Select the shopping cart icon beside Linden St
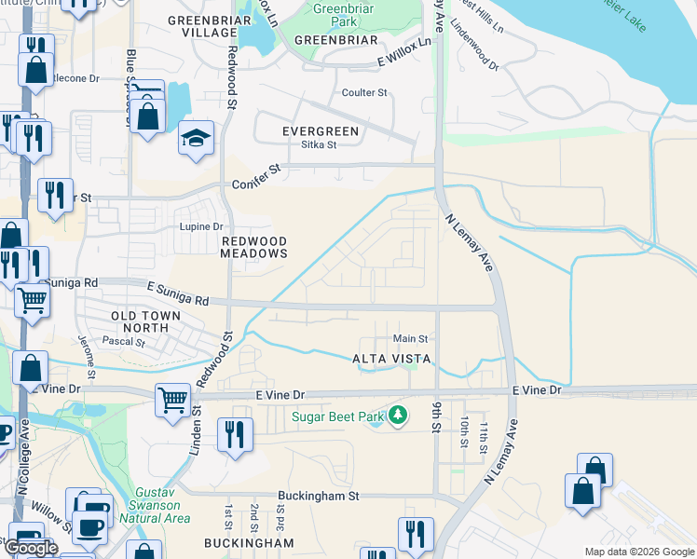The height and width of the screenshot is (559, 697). coord(173,402)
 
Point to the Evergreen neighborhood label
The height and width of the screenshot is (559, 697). coord(321,131)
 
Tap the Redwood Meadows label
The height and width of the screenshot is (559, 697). coord(253,247)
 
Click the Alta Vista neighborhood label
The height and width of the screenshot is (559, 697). coord(391,359)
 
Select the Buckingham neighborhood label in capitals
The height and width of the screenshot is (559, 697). coord(250,542)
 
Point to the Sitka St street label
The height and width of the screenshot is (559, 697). coord(319,144)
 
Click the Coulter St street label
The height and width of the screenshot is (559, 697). coord(364,92)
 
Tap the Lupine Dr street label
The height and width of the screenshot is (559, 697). coord(201,226)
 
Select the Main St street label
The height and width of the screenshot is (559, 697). coord(410,339)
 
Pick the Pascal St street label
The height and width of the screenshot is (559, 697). coord(127,342)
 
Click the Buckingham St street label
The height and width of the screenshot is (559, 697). coord(318,497)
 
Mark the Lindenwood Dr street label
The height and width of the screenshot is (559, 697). coord(474,64)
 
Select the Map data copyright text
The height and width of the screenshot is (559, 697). coord(638,552)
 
